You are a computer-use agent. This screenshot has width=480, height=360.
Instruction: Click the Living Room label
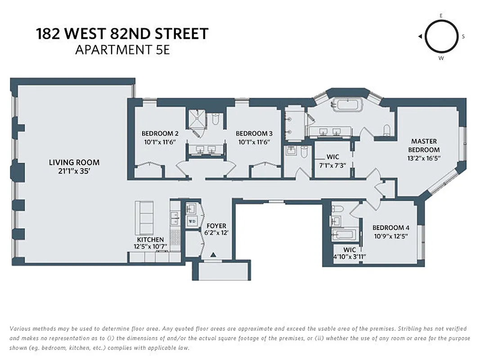click(x=74, y=162)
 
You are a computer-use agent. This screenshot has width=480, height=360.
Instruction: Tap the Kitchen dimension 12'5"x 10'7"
click(x=151, y=247)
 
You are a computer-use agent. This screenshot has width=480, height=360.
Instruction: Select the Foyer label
click(x=216, y=226)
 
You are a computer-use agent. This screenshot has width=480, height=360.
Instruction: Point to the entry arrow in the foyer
click(x=213, y=255)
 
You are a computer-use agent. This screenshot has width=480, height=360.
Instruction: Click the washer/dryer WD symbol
click(x=192, y=221)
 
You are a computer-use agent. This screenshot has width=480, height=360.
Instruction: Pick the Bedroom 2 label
click(x=160, y=134)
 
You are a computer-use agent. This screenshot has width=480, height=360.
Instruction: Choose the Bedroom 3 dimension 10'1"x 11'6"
click(x=254, y=142)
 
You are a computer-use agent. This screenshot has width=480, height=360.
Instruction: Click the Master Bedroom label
click(x=424, y=145)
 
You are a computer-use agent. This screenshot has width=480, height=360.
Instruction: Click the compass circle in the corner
click(x=441, y=36)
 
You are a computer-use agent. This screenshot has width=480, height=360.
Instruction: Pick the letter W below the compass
click(x=441, y=58)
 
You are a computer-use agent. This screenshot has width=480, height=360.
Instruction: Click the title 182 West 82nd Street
click(x=122, y=34)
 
